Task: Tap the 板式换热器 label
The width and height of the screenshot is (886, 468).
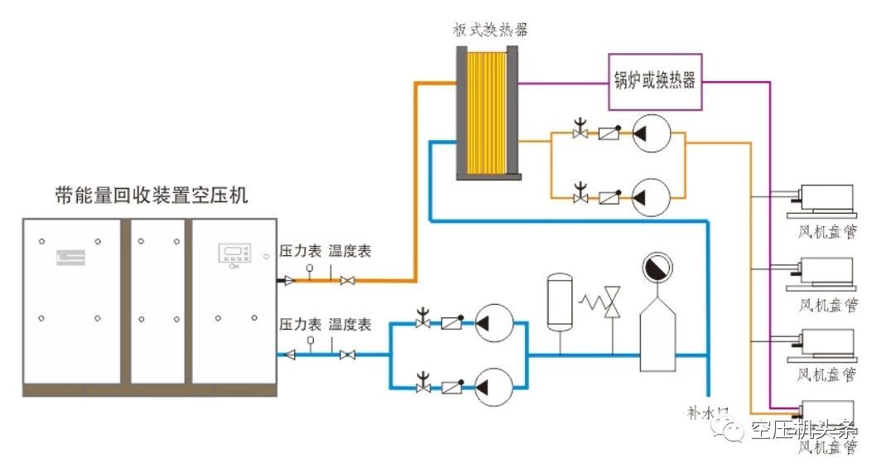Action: (x=490, y=31)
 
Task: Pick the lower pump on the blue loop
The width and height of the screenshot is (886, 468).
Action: (x=494, y=387)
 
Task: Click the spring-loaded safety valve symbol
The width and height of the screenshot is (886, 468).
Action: (x=612, y=302)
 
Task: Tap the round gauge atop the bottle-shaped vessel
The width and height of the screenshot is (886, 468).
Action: (x=657, y=269)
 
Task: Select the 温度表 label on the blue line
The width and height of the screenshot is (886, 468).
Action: (x=349, y=323)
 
